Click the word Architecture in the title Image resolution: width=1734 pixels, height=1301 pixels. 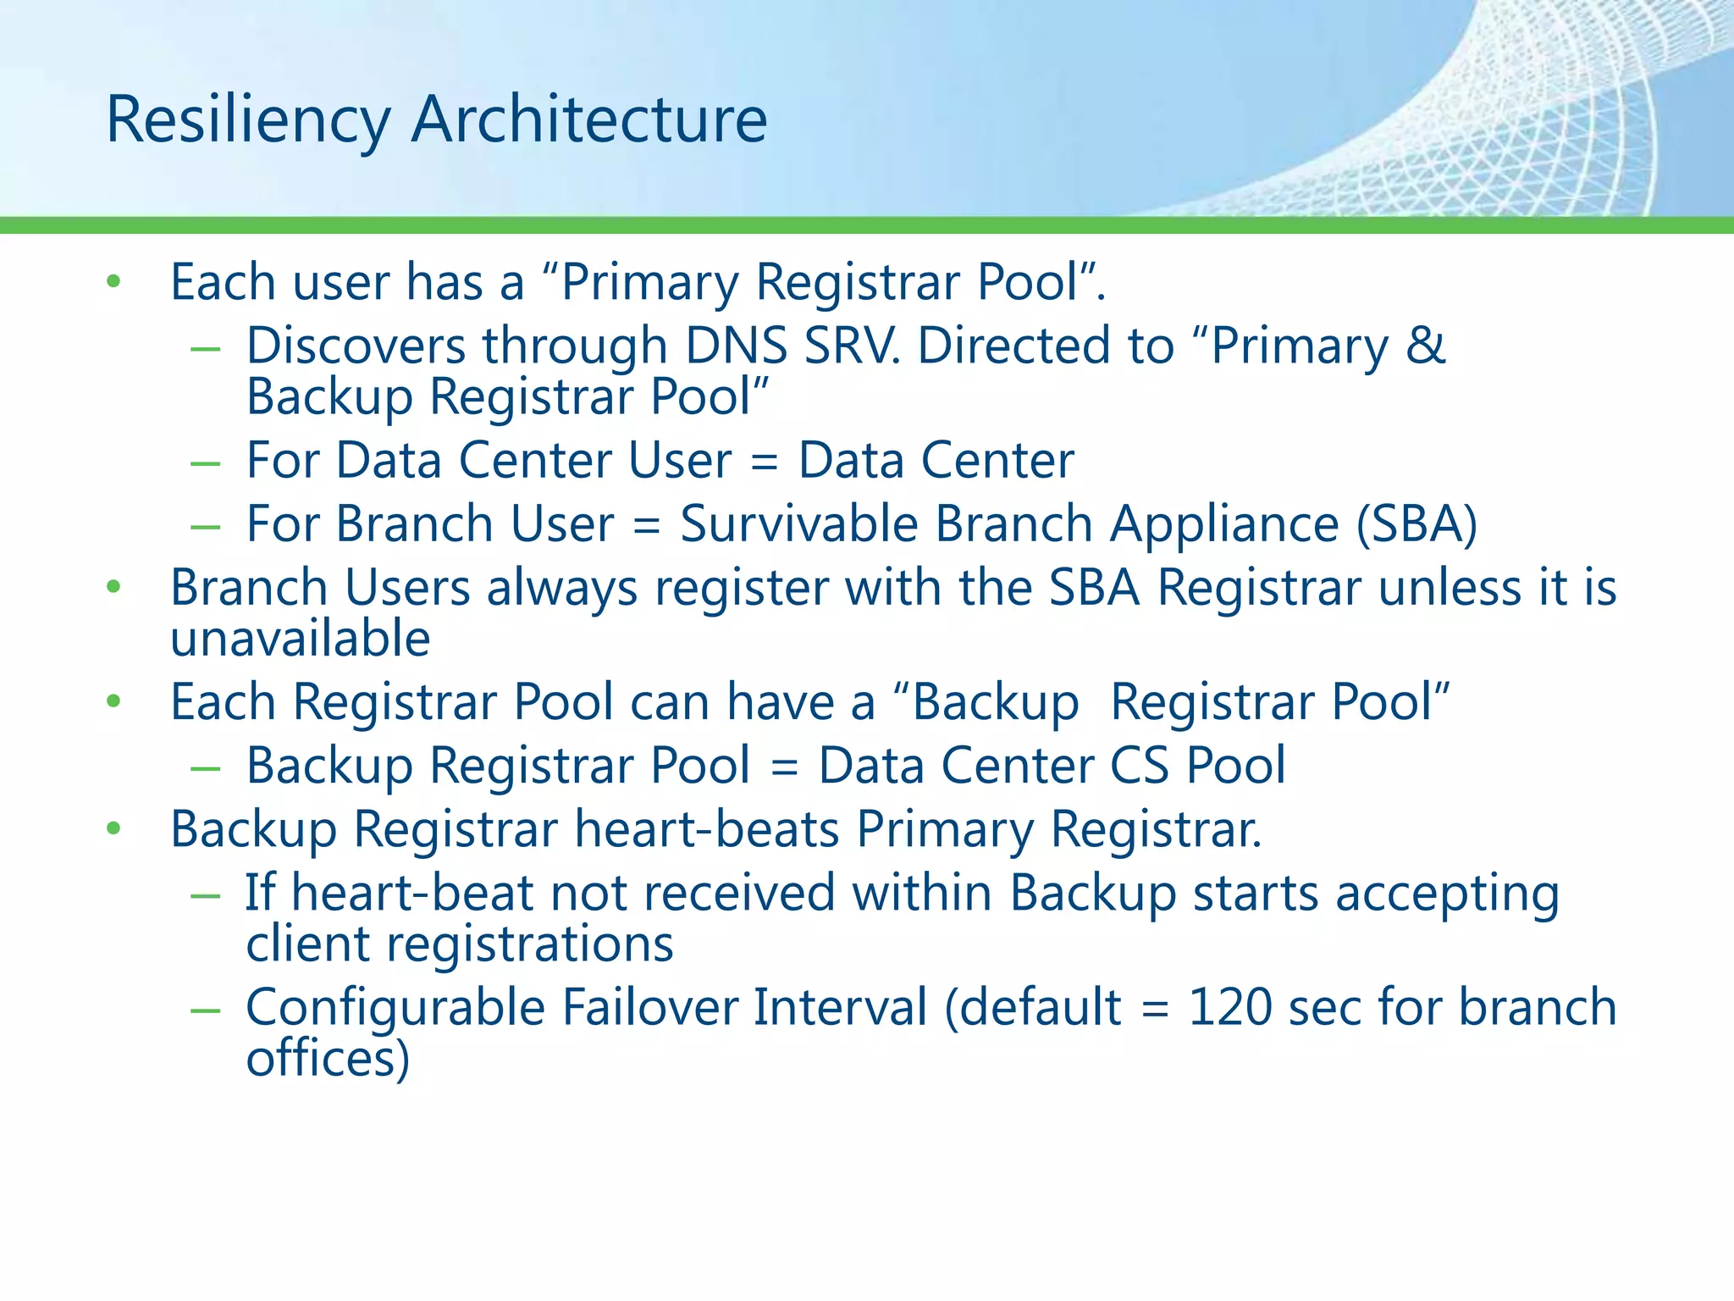pos(589,119)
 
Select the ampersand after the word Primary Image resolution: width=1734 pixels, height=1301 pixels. pos(1426,346)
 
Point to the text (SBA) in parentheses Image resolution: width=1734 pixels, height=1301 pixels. pos(1416,523)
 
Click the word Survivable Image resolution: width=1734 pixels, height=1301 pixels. pos(799,523)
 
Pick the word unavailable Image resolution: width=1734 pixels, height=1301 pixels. pos(301,638)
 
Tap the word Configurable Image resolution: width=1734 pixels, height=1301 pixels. pos(395,1009)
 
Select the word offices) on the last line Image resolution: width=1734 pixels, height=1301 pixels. pos(328,1058)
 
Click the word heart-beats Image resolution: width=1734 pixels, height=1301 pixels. pos(707,828)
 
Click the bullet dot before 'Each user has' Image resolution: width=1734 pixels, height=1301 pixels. pos(114,282)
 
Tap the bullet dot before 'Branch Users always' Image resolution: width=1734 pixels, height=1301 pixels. pos(114,587)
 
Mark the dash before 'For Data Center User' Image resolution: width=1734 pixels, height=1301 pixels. pos(206,462)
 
